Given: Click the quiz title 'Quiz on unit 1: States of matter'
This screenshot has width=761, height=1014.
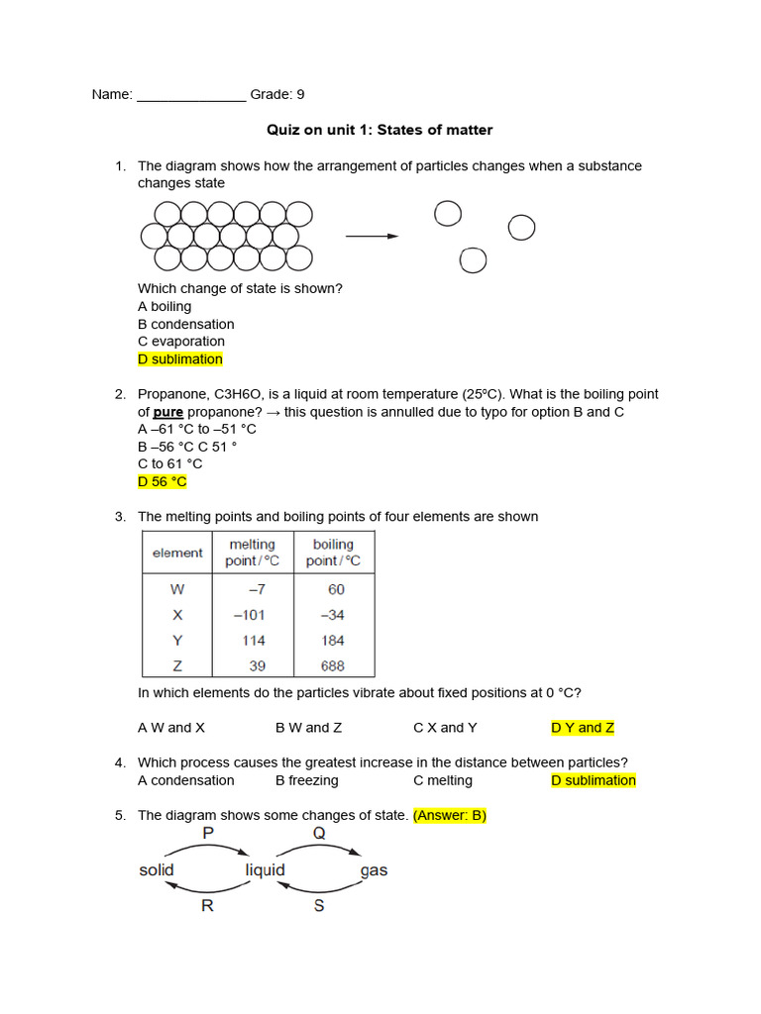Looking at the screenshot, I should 380,130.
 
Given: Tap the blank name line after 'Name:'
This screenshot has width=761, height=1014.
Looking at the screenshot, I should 190,96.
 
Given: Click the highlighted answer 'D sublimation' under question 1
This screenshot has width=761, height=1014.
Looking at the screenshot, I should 180,359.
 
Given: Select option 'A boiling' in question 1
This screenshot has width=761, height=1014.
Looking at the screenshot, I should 164,306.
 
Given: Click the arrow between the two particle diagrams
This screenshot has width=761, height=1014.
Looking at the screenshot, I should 372,237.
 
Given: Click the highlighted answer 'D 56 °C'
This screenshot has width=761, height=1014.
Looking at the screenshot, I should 163,482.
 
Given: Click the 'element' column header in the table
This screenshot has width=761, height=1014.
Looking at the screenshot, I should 177,553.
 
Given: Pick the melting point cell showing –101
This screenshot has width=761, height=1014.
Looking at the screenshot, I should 249,615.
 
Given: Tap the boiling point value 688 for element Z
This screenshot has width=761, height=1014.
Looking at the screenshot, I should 332,666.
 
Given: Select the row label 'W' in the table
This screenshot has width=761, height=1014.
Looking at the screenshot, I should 177,589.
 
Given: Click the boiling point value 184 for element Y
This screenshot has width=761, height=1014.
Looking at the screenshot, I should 332,641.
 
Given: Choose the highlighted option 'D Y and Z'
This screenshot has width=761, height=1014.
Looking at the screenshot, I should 583,728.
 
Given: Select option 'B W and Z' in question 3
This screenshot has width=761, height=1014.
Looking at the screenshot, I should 308,728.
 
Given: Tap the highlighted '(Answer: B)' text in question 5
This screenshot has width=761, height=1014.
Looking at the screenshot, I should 450,815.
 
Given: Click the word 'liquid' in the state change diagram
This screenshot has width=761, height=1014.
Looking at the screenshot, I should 265,870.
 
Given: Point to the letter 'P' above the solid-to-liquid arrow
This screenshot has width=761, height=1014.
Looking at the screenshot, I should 208,834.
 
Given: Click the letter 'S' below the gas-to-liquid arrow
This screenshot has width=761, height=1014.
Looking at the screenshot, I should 319,905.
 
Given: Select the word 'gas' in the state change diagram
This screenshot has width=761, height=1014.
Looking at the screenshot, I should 375,871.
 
